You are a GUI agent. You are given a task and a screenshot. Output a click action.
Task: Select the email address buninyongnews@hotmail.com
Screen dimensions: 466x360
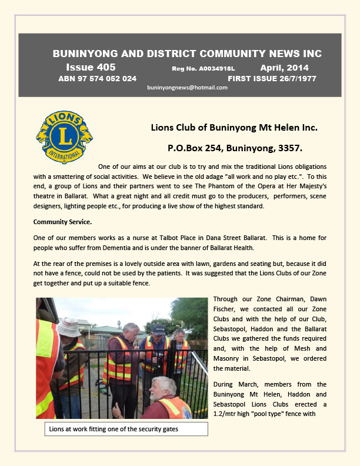click(x=187, y=87)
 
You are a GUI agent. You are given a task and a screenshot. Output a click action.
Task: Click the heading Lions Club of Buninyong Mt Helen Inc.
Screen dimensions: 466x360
click(x=234, y=127)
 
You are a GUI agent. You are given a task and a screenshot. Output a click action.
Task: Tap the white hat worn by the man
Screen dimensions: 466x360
click(x=69, y=327)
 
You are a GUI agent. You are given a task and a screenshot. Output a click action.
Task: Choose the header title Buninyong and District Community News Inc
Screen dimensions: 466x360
click(x=187, y=54)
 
